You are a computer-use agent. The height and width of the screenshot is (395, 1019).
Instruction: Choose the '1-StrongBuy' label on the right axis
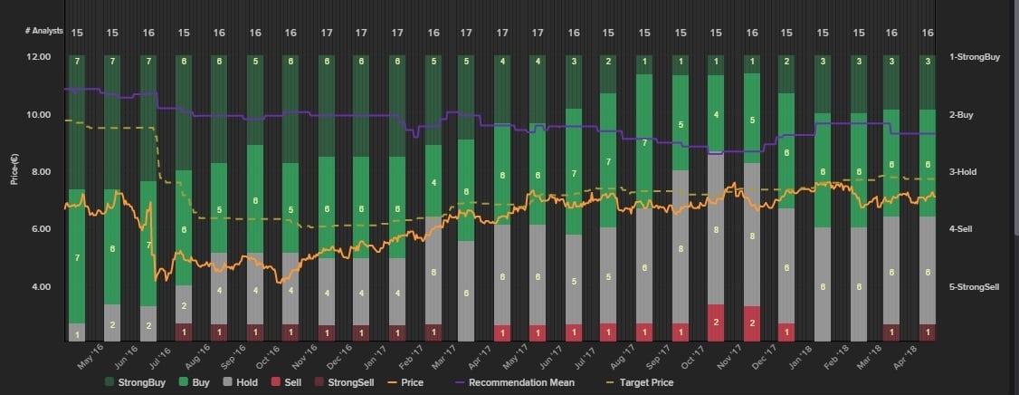click(974, 57)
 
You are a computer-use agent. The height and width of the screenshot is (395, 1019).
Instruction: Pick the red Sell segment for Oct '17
click(716, 323)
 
